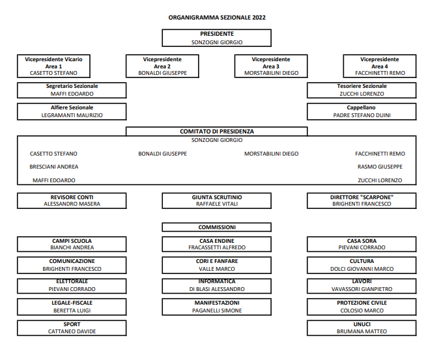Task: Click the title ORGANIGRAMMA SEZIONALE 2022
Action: (x=217, y=18)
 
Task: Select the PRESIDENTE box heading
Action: (x=217, y=34)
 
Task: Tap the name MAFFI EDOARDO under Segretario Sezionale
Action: (x=72, y=94)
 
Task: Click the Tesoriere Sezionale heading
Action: (x=362, y=86)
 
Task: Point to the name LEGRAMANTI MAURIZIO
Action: (x=72, y=115)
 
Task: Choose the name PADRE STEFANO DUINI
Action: (x=362, y=115)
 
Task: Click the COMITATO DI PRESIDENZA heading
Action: (x=217, y=132)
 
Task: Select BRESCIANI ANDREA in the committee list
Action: (x=53, y=167)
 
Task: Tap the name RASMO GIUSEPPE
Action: (x=380, y=167)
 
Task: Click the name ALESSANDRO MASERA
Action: (x=72, y=204)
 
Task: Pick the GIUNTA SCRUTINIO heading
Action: (x=217, y=197)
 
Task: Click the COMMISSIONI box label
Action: (x=217, y=227)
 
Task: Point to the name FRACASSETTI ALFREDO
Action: (x=217, y=247)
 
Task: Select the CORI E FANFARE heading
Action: (x=217, y=261)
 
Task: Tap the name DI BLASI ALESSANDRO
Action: (x=217, y=289)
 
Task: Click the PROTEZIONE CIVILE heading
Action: (x=362, y=303)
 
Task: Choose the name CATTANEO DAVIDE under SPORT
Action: (x=72, y=331)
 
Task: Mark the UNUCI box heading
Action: (x=362, y=324)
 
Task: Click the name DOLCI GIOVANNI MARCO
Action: (x=362, y=269)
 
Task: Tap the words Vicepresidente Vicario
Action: (x=53, y=60)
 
